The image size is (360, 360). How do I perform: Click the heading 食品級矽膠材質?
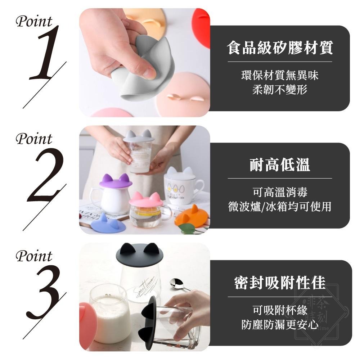[x=280, y=48]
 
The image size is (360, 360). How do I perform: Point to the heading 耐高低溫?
[x=280, y=165]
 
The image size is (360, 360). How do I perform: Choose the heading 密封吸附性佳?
[x=280, y=283]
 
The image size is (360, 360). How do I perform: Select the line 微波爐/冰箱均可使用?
[x=280, y=206]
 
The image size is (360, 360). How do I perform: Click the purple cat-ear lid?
[x=116, y=182]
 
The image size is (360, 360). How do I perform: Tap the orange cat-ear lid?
[x=191, y=216]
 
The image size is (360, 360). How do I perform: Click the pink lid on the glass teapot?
[x=145, y=200]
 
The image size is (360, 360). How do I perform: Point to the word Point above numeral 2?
[x=34, y=139]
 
